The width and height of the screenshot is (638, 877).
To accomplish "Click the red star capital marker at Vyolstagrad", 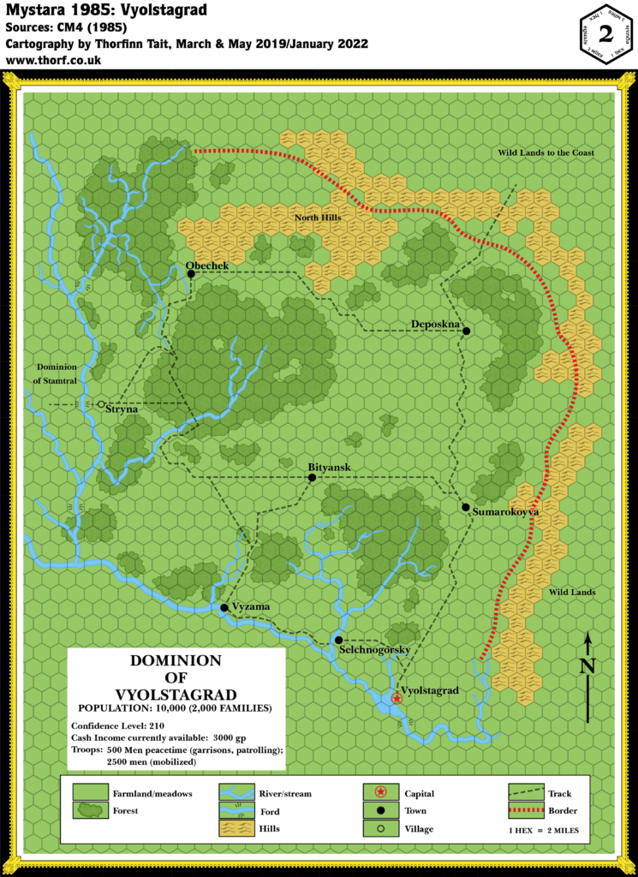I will (x=397, y=699).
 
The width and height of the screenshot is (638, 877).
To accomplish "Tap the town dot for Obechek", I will (x=191, y=273).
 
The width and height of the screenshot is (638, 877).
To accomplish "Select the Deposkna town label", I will (x=436, y=324).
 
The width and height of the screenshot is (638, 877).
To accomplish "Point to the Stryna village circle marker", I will (x=101, y=403).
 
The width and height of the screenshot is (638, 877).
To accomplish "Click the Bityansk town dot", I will (x=312, y=477).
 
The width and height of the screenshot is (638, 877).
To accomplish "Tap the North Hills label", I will (x=318, y=218).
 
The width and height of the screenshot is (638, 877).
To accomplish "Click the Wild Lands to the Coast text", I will (x=546, y=152).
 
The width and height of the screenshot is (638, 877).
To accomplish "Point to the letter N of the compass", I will (x=587, y=665).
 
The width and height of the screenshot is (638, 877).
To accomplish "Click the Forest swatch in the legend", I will (x=90, y=810).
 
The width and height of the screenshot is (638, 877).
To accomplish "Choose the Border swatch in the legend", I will (x=525, y=810).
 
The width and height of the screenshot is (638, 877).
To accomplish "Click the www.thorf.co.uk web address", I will (x=53, y=61).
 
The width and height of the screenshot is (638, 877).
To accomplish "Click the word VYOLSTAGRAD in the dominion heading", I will (x=175, y=693).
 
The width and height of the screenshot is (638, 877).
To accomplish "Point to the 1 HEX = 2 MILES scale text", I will (x=546, y=829).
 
